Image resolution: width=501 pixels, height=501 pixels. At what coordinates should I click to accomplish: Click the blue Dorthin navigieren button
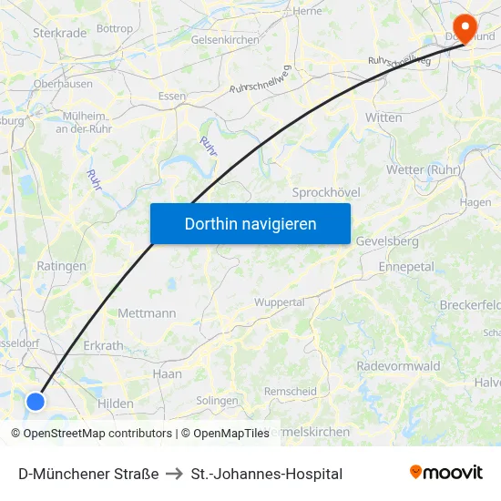250,223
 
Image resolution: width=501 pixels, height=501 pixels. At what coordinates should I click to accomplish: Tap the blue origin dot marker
36,401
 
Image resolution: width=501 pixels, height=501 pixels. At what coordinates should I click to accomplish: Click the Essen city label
171,96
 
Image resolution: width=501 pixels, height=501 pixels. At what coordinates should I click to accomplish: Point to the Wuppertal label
279,302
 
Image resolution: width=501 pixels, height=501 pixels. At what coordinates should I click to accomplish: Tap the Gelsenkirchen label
225,40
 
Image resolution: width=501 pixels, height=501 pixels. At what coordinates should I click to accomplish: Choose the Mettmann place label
147,312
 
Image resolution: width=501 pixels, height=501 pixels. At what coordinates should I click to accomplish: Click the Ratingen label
61,267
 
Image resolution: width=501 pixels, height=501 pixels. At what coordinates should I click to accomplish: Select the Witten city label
383,118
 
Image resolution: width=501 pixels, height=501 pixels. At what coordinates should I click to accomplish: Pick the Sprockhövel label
326,192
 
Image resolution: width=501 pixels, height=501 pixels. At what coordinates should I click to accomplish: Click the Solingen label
217,400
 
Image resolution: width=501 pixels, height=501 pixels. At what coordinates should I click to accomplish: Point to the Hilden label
116,404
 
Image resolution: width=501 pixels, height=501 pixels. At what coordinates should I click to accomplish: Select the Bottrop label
114,29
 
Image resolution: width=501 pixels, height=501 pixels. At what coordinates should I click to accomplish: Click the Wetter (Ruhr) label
424,169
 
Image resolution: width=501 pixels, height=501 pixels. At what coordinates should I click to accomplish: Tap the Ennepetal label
406,267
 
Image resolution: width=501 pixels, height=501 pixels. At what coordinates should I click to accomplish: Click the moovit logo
445,473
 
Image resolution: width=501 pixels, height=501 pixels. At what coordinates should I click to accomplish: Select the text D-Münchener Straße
88,474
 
